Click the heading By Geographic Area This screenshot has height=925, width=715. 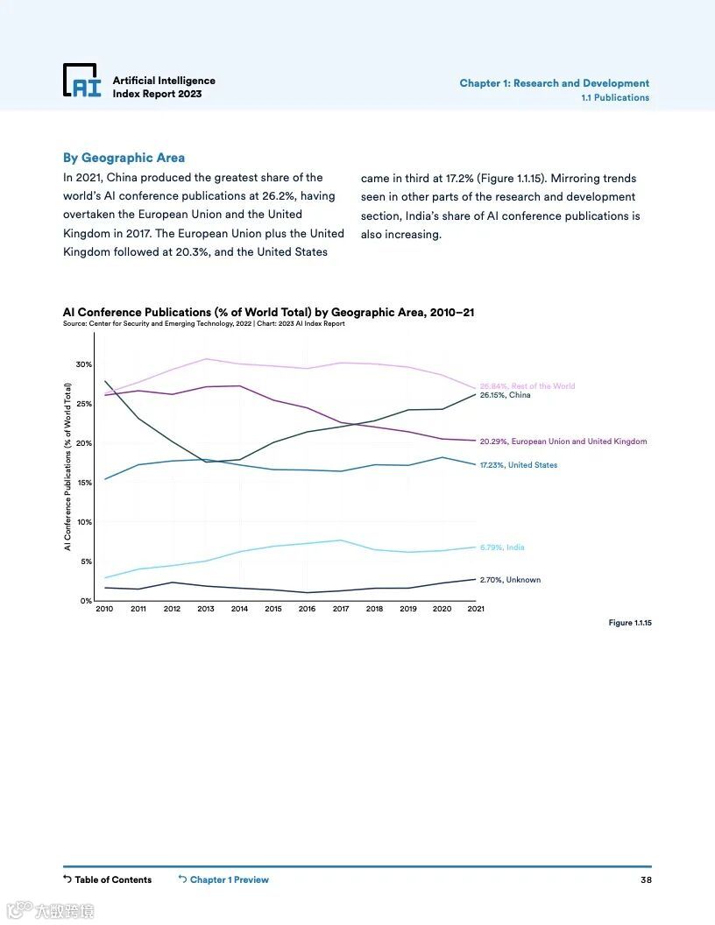(124, 158)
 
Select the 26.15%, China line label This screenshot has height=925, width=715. (505, 395)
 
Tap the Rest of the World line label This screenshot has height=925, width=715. (527, 385)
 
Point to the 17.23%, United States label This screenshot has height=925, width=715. (518, 465)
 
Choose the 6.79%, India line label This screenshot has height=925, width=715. (502, 547)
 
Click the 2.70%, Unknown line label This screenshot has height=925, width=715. (510, 580)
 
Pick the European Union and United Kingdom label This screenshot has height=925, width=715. (563, 441)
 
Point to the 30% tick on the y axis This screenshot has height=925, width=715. (83, 364)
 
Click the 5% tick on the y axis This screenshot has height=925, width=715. (86, 561)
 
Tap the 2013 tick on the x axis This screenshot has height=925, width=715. (206, 609)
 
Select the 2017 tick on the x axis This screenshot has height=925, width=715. (341, 609)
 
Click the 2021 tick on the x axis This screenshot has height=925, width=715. (476, 609)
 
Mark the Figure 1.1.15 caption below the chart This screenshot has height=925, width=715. (630, 623)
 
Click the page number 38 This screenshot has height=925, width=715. (646, 879)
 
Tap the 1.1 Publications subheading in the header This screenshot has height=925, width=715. (615, 98)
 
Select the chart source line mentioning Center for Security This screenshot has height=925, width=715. (203, 324)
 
